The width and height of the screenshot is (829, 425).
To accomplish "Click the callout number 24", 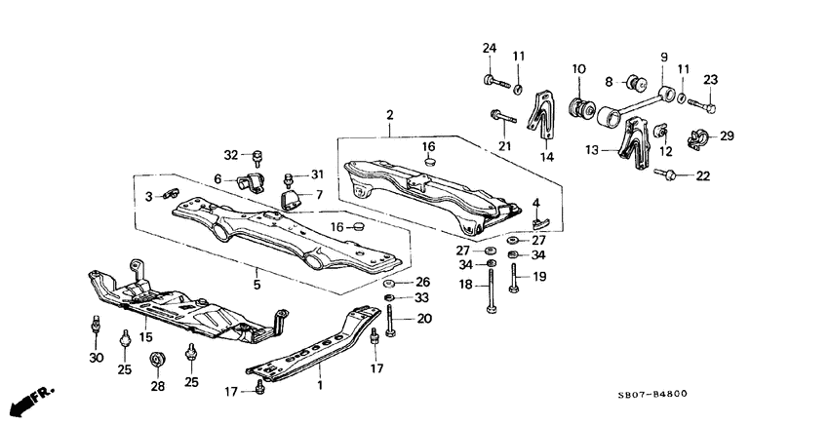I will (489, 49).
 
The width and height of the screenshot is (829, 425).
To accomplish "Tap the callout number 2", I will (390, 115).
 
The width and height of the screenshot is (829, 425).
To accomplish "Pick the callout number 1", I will (319, 386).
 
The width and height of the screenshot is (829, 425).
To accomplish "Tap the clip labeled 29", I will (699, 136).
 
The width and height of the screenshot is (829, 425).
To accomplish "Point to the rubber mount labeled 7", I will (290, 200).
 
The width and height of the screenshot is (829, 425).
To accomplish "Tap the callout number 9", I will (663, 58).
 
